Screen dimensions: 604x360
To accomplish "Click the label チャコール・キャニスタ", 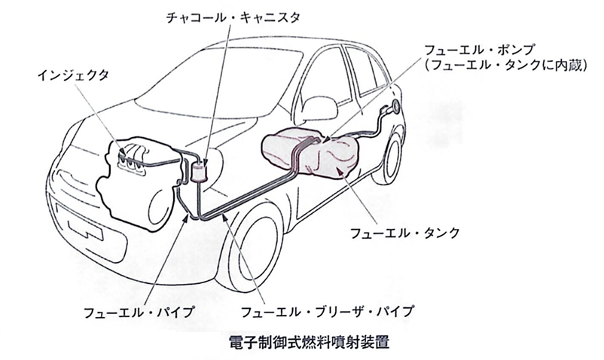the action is pos(233,18).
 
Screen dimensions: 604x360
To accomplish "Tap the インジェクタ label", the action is pos(73,75).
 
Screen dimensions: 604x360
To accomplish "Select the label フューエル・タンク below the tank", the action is pos(404,233).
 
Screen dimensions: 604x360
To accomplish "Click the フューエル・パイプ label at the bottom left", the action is pos(139,313).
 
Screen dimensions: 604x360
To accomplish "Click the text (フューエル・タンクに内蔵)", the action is pos(505,66).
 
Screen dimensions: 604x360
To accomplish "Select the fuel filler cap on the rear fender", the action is pos(395,107).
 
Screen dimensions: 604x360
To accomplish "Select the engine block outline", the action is pos(138,185).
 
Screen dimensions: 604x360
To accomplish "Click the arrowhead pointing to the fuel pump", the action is pos(327,139).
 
